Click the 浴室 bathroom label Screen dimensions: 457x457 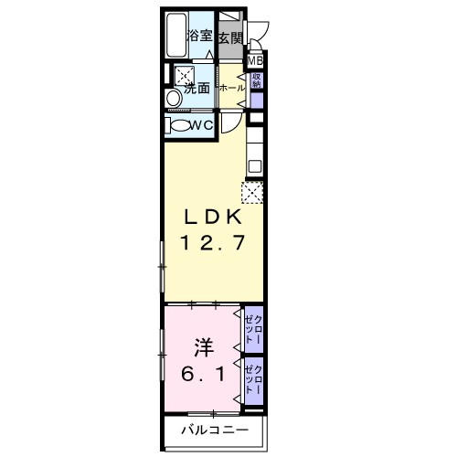point(200,37)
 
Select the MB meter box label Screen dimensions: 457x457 point(257,60)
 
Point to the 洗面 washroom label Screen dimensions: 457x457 point(198,89)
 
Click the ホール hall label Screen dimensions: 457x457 point(231,88)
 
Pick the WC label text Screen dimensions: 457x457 point(202,125)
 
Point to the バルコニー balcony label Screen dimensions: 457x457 point(207,430)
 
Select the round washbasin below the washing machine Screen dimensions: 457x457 point(173,99)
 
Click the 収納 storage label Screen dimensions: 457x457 point(257,81)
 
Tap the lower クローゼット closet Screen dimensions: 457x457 point(254,380)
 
